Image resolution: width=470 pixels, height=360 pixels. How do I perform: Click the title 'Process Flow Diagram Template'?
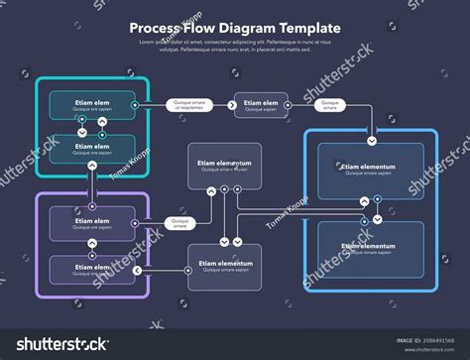point(234,29)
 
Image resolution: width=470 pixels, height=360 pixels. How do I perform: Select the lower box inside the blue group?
point(369,248)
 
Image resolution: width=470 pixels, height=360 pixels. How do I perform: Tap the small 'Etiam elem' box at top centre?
point(262,105)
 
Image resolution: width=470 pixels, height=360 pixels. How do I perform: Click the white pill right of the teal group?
point(189,104)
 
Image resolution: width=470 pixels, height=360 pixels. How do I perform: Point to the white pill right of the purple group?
point(180,223)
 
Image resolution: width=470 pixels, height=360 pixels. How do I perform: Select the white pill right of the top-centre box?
point(331,104)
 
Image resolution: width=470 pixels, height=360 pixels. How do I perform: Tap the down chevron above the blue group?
point(370,126)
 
